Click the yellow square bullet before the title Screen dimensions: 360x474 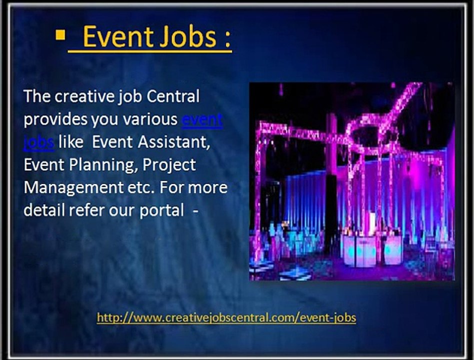tap(61, 35)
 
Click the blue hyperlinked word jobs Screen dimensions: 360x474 tap(38, 142)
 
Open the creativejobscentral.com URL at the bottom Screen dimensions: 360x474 tap(226, 317)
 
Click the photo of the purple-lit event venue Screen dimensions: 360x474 tap(351, 181)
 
